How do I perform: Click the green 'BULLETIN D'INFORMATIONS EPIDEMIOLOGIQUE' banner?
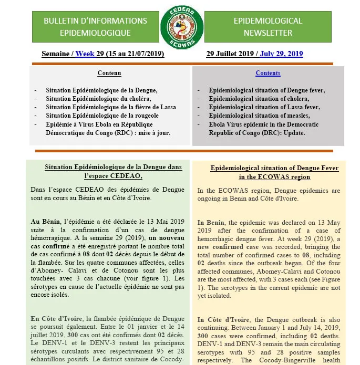95,27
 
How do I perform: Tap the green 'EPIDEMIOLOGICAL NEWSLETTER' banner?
268,27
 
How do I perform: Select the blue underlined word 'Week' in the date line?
85,54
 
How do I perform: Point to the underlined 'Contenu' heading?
109,73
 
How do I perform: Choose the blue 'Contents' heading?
268,73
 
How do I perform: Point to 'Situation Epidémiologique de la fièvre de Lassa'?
110,107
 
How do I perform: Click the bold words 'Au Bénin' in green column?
44,222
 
